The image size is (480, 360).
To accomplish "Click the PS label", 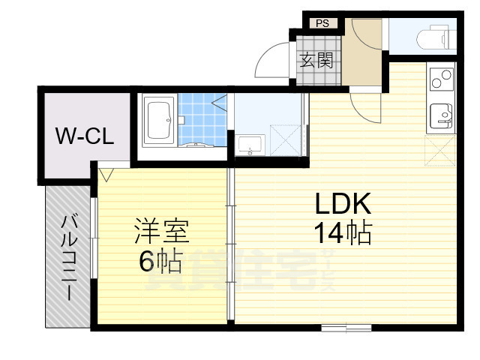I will click(322, 23).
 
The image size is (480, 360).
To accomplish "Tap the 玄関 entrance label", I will click(316, 61).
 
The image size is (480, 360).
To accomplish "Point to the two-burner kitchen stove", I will click(441, 77).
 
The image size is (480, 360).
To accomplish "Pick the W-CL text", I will click(85, 136).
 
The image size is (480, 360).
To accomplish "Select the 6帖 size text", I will click(160, 260).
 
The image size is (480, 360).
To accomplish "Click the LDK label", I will click(342, 204).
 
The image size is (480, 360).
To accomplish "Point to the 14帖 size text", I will click(342, 235).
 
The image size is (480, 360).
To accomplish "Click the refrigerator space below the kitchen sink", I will click(440, 148).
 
